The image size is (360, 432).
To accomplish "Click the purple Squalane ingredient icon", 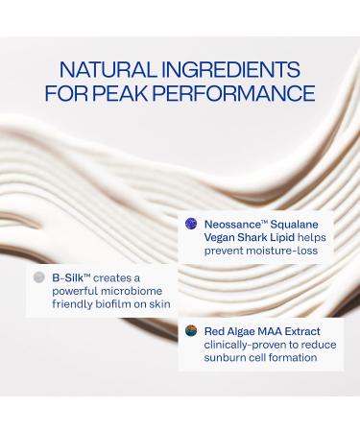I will point(190,223).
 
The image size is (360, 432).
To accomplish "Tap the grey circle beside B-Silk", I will point(37,276).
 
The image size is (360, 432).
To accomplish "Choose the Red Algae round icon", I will point(190,331).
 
